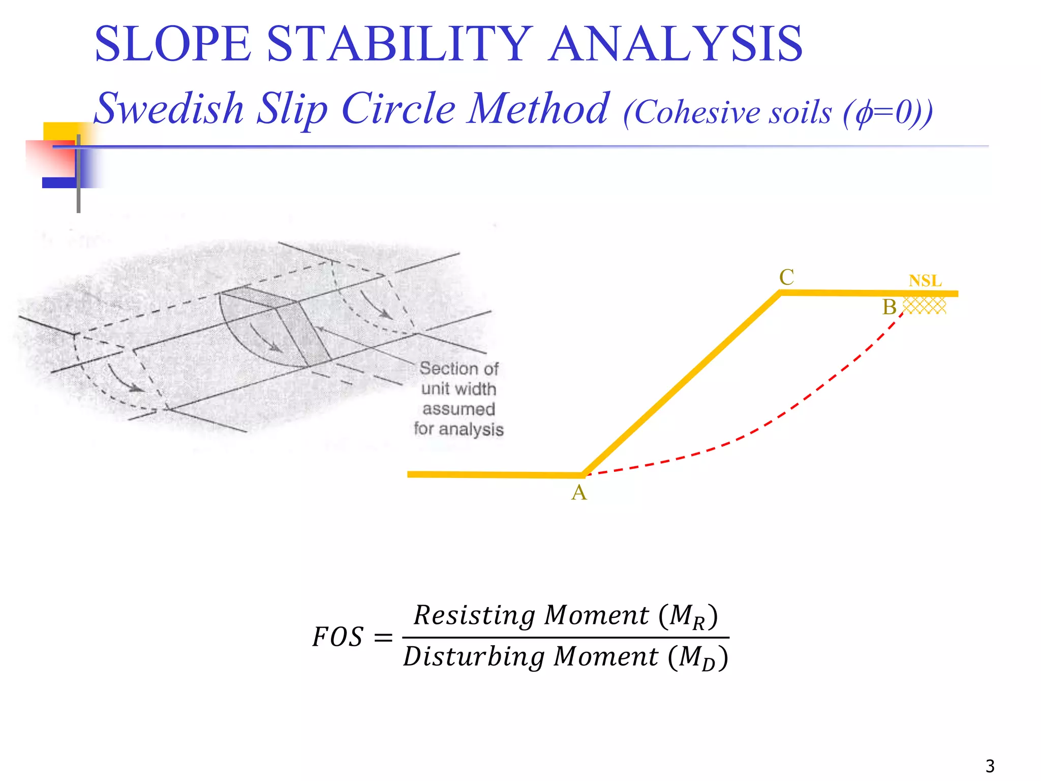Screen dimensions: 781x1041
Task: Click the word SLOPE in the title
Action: [173, 44]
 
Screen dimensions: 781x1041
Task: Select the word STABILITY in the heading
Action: [400, 44]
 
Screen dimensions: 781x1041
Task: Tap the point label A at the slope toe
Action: [579, 493]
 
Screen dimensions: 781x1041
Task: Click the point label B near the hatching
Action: [889, 307]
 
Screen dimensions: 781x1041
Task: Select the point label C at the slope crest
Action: [786, 277]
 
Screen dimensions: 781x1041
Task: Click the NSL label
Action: [925, 281]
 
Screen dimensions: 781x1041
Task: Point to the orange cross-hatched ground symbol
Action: [924, 306]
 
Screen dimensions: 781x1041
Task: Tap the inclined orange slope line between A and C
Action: [681, 384]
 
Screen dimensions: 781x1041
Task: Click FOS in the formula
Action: [338, 637]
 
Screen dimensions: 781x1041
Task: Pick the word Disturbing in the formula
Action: [473, 656]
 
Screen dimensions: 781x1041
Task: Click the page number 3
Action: [990, 766]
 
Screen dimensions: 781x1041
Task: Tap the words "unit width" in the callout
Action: [458, 389]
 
